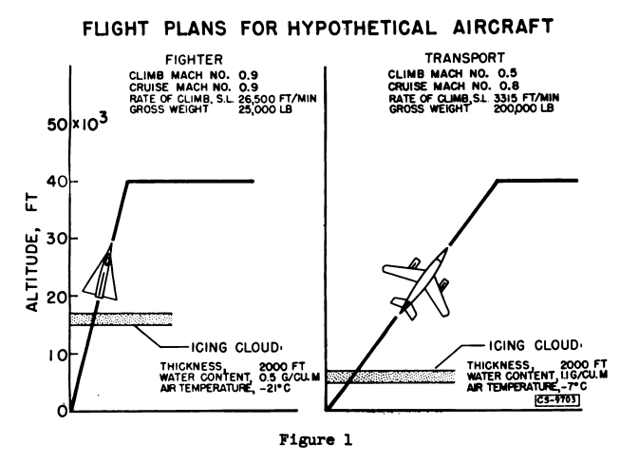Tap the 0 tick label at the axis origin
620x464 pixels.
tap(59, 411)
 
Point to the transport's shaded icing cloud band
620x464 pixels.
tap(391, 377)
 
